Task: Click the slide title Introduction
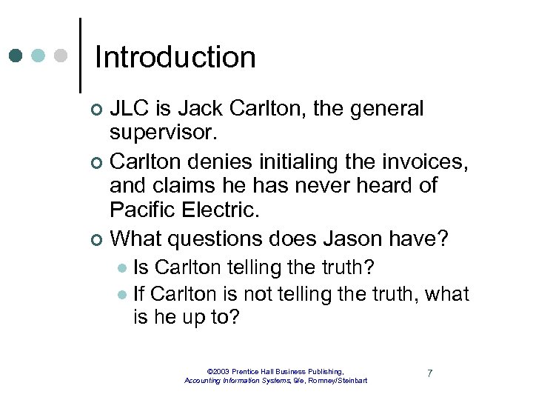click(x=175, y=57)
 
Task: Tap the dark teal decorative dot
click(x=16, y=56)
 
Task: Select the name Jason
click(x=348, y=239)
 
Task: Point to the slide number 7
click(x=429, y=373)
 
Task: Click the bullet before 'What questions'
click(x=94, y=239)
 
